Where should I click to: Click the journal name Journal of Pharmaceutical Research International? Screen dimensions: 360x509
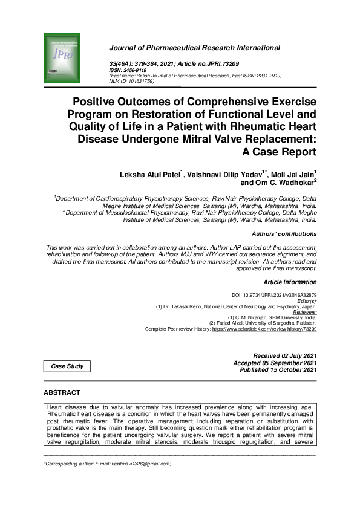click(194, 47)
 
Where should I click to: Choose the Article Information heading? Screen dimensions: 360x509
click(290, 282)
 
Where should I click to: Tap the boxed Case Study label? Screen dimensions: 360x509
click(67, 366)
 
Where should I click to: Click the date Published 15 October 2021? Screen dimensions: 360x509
click(278, 369)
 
